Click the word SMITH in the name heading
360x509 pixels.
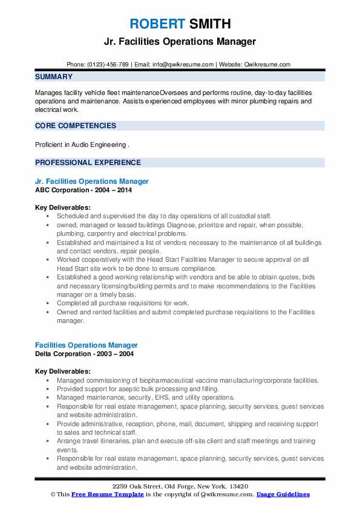pos(209,24)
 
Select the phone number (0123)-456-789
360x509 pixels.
pos(108,64)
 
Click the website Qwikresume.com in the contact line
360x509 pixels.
pos(267,64)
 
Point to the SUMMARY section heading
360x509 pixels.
pos(54,77)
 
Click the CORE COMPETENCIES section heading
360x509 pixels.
pos(76,126)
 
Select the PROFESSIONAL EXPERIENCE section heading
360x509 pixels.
pos(88,163)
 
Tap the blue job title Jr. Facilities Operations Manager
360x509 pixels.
pos(92,181)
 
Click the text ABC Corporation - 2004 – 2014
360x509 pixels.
pos(83,189)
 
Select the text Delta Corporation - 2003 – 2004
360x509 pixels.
pos(85,353)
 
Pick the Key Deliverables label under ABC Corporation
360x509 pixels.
pos(63,207)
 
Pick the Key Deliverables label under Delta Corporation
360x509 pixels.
pos(63,371)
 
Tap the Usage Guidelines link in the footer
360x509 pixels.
pos(283,494)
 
